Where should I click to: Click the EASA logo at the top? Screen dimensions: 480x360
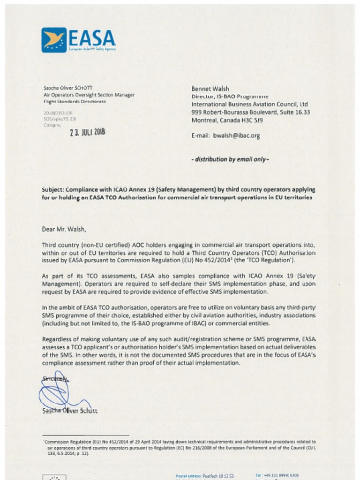click(78, 40)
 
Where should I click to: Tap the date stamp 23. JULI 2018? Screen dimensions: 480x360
click(88, 132)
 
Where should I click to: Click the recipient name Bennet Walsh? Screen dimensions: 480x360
click(210, 89)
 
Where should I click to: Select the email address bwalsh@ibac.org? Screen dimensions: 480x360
click(236, 135)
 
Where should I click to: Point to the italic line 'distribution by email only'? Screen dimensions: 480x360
click(230, 159)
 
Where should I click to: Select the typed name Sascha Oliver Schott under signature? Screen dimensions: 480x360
click(70, 411)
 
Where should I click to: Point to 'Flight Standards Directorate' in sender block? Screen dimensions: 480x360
click(75, 101)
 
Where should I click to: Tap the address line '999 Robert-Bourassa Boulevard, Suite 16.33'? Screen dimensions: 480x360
click(250, 112)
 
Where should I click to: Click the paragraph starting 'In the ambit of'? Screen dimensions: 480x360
click(179, 315)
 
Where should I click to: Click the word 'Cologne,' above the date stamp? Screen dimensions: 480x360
click(52, 125)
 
